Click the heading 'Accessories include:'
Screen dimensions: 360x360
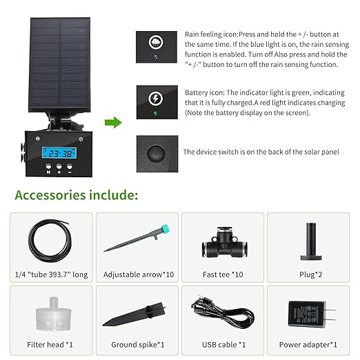coord(76,194)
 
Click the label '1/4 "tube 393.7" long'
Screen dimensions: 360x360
coord(50,274)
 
